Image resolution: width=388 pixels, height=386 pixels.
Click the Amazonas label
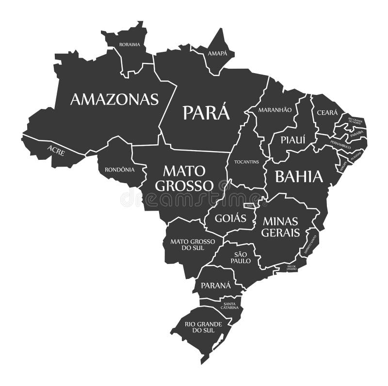point(114,99)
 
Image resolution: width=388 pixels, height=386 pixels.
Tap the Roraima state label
point(129,45)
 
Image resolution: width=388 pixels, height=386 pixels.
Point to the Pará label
point(206,112)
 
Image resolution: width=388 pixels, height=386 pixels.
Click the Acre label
point(56,149)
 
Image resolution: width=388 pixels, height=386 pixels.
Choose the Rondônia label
point(119,170)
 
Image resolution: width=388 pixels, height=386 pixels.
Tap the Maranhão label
point(275,110)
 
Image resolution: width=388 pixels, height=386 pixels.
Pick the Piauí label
point(292,139)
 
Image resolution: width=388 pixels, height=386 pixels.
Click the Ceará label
point(327,112)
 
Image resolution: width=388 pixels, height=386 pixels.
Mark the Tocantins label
point(246,161)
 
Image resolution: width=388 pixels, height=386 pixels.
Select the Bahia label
point(299,177)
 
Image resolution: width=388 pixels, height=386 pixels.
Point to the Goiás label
point(227,218)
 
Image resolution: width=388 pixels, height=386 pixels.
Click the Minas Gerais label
point(281,227)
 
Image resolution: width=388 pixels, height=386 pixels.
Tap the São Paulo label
point(241,257)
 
